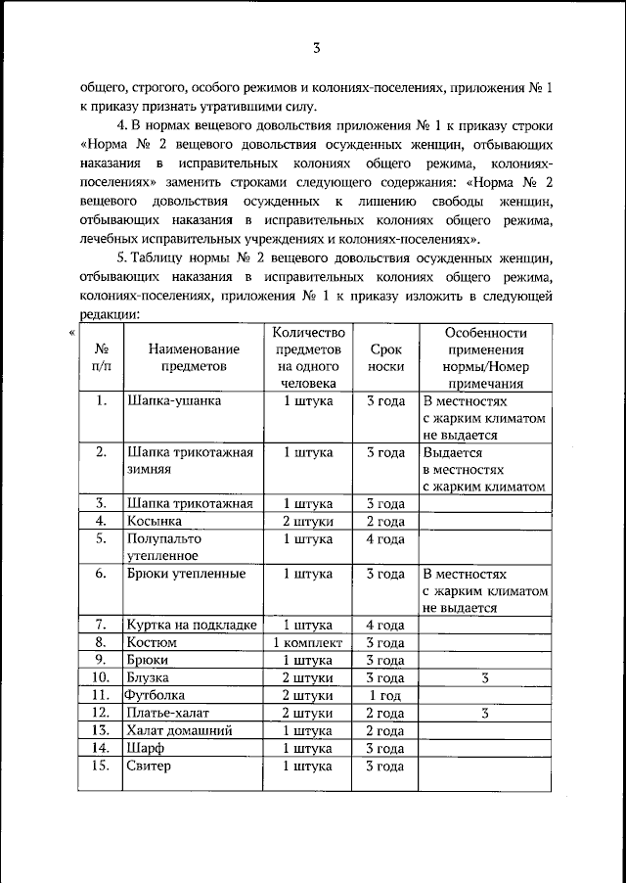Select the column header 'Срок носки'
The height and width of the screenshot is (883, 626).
click(x=385, y=357)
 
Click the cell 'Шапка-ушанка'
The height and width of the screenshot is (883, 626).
click(x=174, y=400)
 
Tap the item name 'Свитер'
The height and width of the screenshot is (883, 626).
click(x=149, y=766)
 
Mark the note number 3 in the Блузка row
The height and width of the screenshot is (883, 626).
click(x=484, y=676)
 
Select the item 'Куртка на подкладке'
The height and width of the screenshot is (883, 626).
click(x=191, y=625)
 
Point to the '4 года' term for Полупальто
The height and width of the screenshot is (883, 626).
click(x=385, y=538)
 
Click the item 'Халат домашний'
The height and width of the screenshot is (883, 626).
click(x=178, y=730)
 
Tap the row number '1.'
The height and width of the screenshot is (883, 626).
click(x=101, y=400)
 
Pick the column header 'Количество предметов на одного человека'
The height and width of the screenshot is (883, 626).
click(x=308, y=357)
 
